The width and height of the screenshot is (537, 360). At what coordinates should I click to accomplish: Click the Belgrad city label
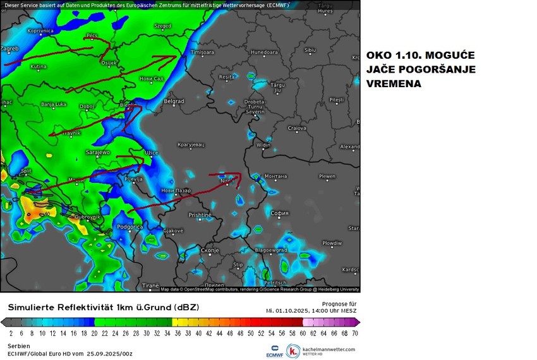174,101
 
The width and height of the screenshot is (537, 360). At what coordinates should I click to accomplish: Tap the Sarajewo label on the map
98,152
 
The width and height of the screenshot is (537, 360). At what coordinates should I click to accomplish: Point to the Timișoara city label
203,52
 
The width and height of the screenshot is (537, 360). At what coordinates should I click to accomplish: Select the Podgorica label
130,227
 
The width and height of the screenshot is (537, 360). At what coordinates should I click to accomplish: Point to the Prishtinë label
200,215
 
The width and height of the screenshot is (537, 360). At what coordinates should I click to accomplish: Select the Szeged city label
162,27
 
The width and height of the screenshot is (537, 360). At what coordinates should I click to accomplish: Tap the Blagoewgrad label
271,250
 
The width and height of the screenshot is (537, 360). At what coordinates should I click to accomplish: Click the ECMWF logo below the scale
274,350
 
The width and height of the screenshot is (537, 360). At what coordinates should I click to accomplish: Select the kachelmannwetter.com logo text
329,349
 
